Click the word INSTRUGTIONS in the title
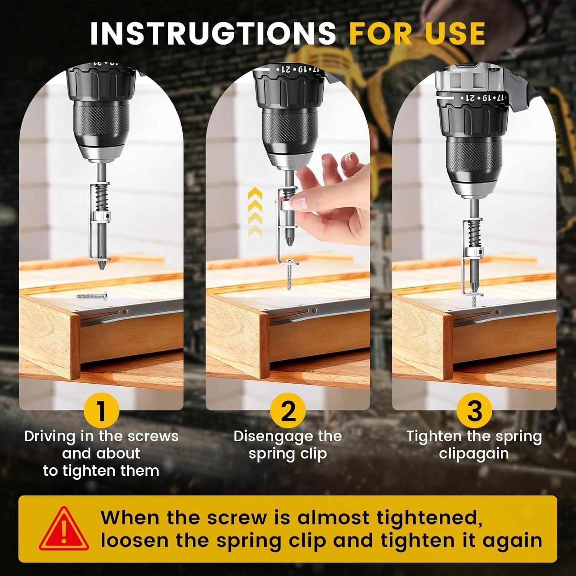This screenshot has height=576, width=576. point(213,33)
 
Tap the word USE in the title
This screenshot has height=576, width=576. point(455,33)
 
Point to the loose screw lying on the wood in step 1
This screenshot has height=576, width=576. point(93,295)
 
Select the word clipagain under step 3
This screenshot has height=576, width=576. point(474,454)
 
